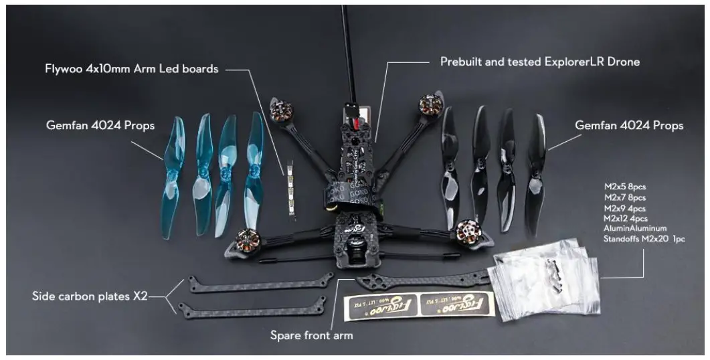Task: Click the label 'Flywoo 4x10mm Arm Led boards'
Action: point(131,69)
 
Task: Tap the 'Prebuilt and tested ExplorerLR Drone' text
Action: point(539,62)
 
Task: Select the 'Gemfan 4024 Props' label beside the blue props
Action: point(100,125)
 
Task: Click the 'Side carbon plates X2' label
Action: point(90,295)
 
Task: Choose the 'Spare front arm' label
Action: point(311,334)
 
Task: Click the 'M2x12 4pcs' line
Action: point(626,218)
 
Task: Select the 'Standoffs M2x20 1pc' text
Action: point(644,238)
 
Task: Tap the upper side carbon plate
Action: point(261,284)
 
